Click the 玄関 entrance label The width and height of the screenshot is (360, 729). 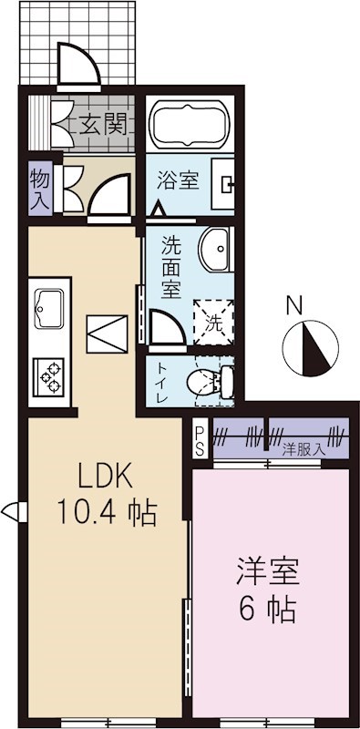click(x=101, y=123)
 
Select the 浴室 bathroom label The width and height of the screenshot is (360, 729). click(x=178, y=180)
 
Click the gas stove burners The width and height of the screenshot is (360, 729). click(x=47, y=375)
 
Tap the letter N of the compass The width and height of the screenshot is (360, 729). click(x=293, y=306)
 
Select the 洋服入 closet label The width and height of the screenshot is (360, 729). click(x=302, y=448)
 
